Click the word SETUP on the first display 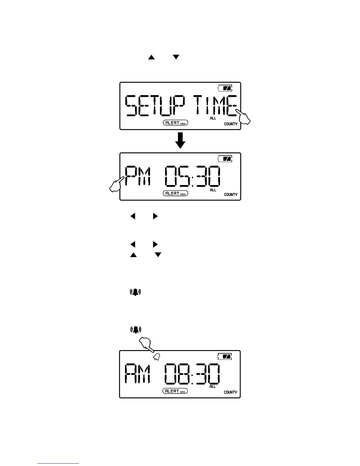click(155, 106)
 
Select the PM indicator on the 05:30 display click(138, 176)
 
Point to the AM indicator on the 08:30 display click(138, 374)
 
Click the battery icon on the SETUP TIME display click(225, 88)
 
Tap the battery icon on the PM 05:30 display click(225, 159)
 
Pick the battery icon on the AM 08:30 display click(225, 357)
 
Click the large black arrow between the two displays click(180, 141)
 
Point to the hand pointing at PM click(116, 185)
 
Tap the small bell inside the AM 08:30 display click(156, 357)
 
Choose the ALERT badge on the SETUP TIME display click(175, 123)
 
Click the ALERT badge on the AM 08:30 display click(175, 391)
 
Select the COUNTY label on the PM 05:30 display click(231, 194)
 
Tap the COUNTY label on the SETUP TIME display click(231, 124)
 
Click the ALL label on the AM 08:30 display click(213, 387)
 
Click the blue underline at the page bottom click(58, 463)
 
